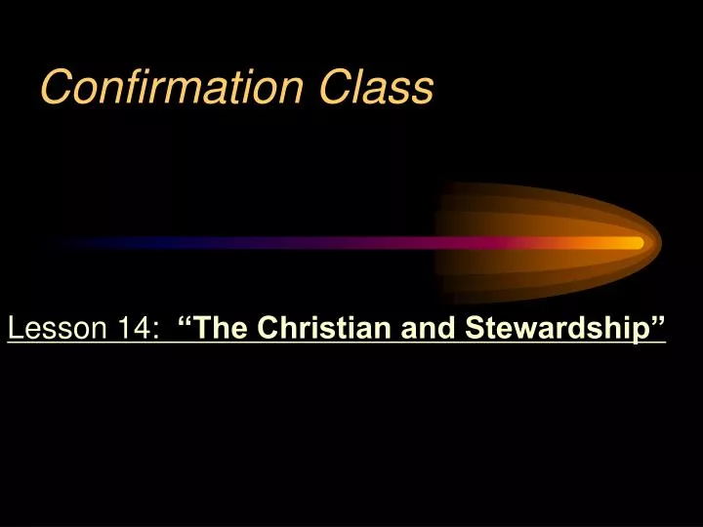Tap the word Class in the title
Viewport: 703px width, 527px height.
pyautogui.click(x=377, y=88)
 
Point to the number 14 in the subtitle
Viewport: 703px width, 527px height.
pyautogui.click(x=137, y=330)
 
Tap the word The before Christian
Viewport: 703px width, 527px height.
pyautogui.click(x=222, y=330)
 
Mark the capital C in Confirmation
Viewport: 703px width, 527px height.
pyautogui.click(x=54, y=88)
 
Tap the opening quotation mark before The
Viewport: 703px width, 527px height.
pyautogui.click(x=186, y=322)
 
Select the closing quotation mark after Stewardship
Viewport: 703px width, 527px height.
pyautogui.click(x=656, y=322)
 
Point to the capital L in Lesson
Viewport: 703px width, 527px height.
pyautogui.click(x=15, y=330)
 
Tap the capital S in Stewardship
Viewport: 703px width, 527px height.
pyautogui.click(x=474, y=330)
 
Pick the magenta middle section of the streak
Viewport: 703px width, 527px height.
pyautogui.click(x=391, y=243)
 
